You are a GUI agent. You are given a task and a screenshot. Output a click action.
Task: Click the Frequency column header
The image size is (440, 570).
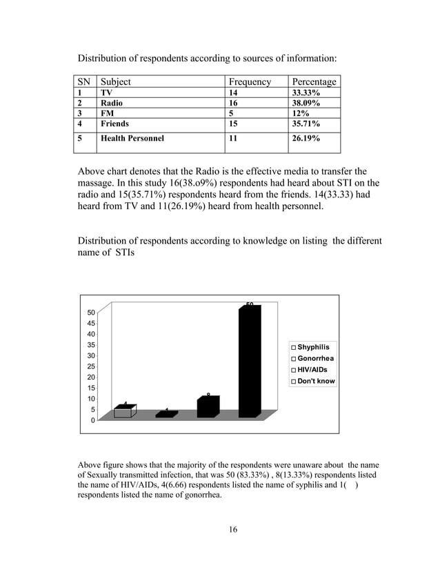click(x=250, y=81)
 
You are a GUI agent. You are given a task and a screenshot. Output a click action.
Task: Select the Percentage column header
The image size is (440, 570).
click(x=314, y=81)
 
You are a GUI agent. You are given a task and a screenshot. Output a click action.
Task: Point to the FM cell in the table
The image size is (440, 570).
click(x=108, y=113)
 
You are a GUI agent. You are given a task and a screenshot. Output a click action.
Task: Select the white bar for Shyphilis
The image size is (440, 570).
click(x=122, y=412)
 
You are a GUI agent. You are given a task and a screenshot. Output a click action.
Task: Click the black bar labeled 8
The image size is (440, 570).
click(x=207, y=407)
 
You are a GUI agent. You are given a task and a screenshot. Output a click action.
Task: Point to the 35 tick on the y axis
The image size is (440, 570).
click(x=91, y=344)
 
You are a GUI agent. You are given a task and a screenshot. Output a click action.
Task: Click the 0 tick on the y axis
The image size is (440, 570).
click(x=93, y=420)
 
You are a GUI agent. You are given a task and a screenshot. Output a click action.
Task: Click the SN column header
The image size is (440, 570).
click(x=85, y=81)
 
